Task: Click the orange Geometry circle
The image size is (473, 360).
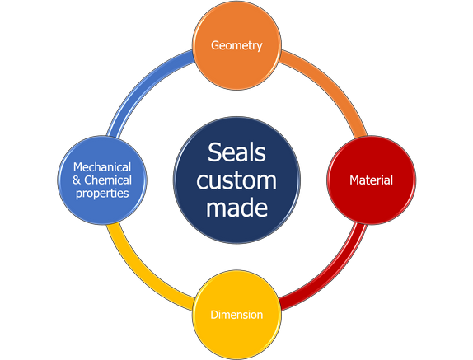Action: (236, 45)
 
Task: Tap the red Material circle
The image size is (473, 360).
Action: (372, 180)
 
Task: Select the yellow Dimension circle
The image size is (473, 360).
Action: (236, 315)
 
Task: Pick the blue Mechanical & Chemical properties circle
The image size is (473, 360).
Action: (102, 180)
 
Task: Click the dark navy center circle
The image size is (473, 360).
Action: (236, 180)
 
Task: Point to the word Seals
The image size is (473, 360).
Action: (236, 152)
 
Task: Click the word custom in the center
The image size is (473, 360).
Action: (236, 180)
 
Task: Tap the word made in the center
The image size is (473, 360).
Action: (236, 207)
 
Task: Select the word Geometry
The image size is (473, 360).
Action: (236, 45)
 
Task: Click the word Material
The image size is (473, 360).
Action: (372, 180)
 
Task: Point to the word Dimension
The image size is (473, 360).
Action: (236, 315)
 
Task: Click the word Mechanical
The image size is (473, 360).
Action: (102, 167)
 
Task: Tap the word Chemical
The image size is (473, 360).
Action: (108, 180)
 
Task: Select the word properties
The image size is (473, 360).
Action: (102, 194)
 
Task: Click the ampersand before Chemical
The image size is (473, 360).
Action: (77, 180)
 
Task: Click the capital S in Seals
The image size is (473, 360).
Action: (214, 152)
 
